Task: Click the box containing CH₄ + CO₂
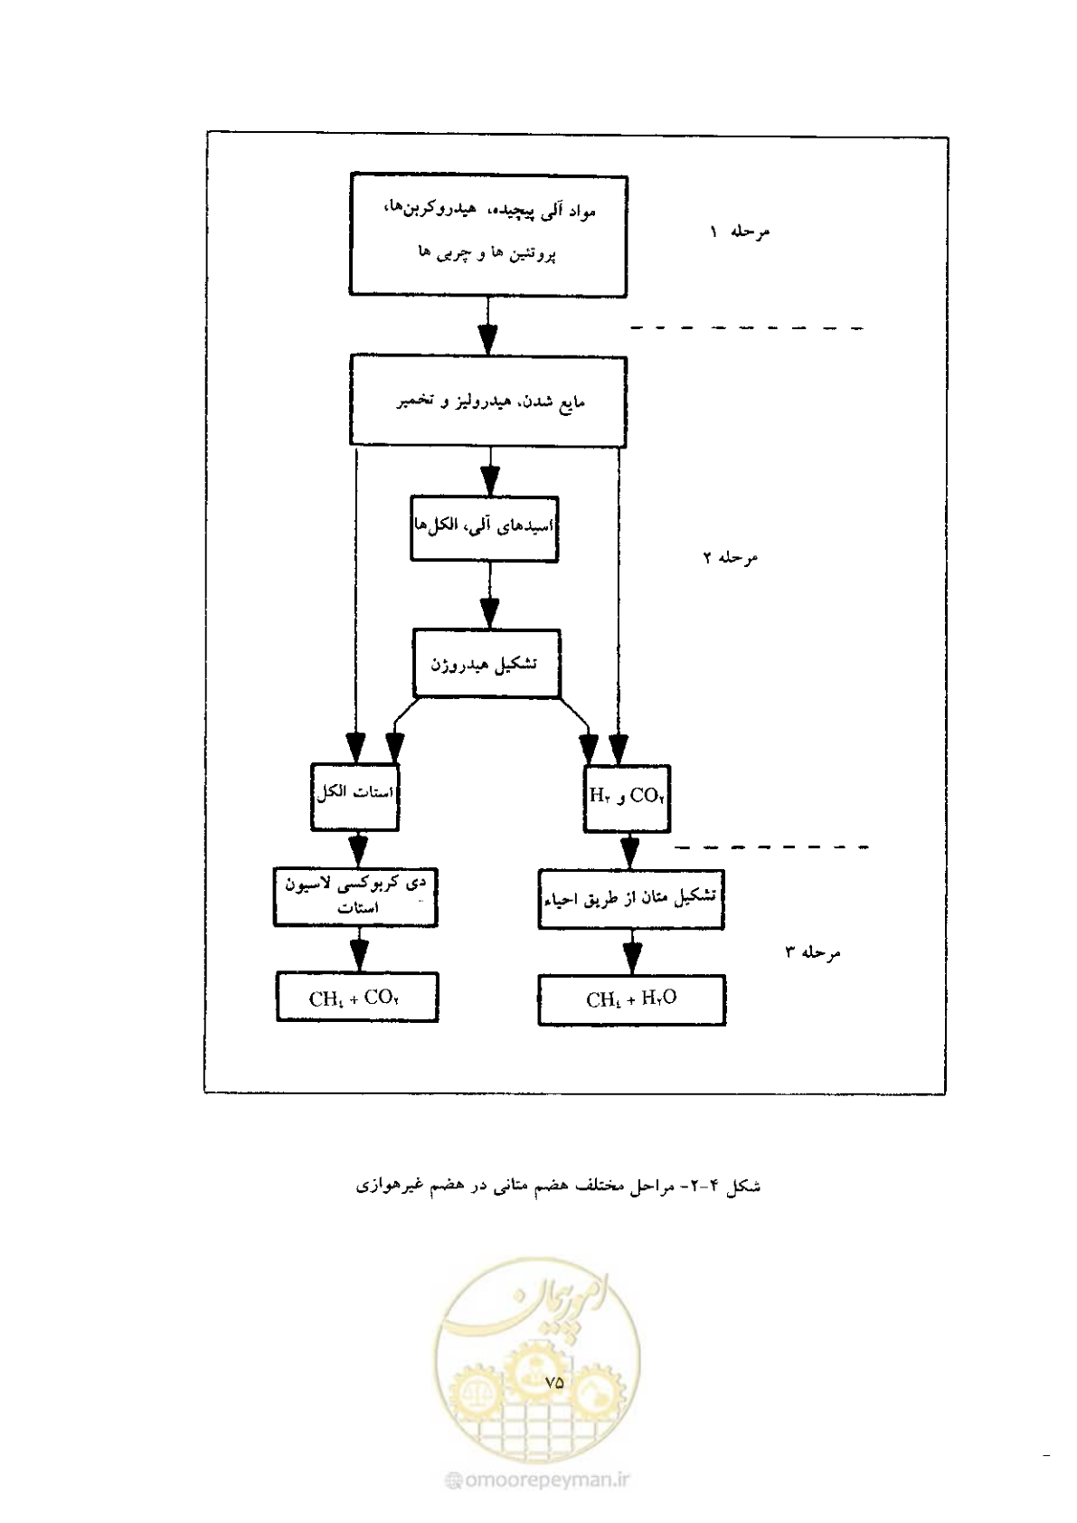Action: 357,997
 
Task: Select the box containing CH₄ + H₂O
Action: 632,999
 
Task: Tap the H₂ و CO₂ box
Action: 627,799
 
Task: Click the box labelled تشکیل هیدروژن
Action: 487,664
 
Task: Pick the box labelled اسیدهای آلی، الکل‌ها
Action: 484,528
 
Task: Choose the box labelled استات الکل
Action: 354,797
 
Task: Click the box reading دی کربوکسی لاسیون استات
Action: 355,897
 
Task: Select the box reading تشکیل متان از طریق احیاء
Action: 631,899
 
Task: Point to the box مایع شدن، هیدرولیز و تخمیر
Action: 488,402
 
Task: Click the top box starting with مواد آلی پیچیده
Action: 488,235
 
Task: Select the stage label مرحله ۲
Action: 731,557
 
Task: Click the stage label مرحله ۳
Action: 813,951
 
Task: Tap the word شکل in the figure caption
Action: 743,1186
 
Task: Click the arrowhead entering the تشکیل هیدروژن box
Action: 489,613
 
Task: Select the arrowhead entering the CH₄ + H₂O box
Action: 633,959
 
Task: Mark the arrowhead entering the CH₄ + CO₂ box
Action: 359,956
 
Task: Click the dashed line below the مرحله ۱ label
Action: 747,328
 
